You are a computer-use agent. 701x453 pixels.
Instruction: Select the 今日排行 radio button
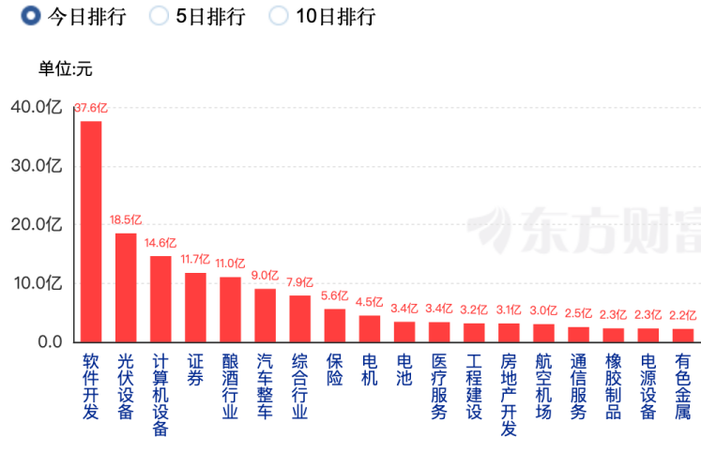[x=30, y=15]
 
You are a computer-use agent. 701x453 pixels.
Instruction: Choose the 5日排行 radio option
[x=160, y=15]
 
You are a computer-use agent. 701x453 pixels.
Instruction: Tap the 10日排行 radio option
[x=279, y=15]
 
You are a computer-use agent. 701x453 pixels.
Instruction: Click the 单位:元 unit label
[x=65, y=68]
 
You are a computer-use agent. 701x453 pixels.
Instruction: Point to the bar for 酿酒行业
[x=230, y=309]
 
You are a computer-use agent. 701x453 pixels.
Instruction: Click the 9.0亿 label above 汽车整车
[x=266, y=276]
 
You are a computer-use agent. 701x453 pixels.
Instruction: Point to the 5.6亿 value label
[x=335, y=295]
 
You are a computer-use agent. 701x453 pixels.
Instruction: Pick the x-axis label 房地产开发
[x=509, y=395]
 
